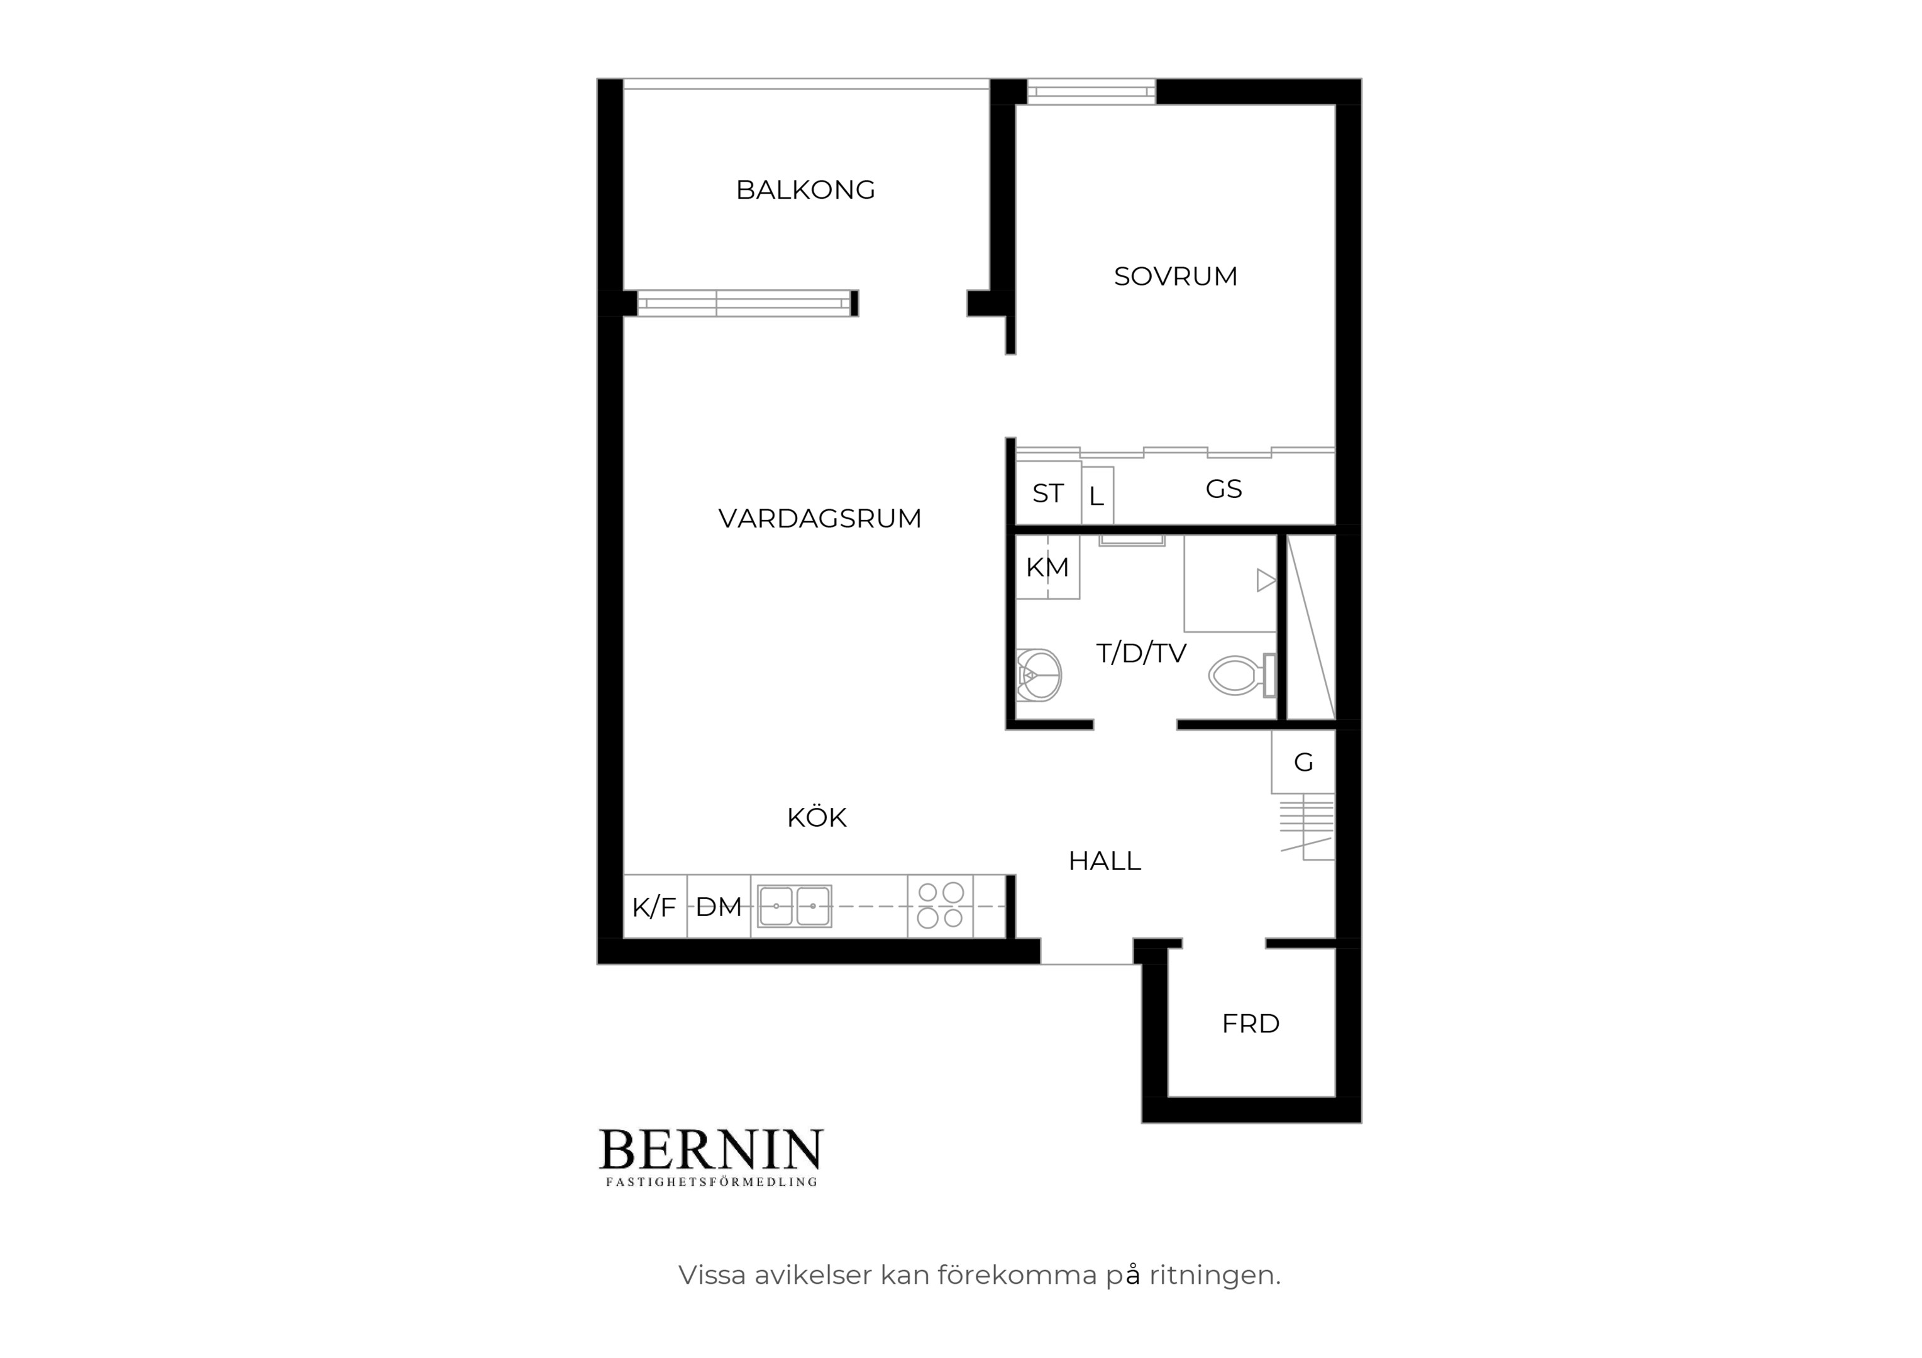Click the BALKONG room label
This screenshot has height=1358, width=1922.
pyautogui.click(x=805, y=190)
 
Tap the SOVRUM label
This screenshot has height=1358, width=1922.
pyautogui.click(x=1175, y=276)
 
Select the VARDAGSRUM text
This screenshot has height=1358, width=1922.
pyautogui.click(x=819, y=518)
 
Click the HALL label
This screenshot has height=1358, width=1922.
pyautogui.click(x=1104, y=861)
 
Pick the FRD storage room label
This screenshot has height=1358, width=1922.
pyautogui.click(x=1251, y=1023)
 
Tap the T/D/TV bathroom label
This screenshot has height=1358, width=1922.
pyautogui.click(x=1141, y=653)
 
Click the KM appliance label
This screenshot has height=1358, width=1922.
pyautogui.click(x=1047, y=567)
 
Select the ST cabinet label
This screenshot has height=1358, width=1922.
pyautogui.click(x=1048, y=494)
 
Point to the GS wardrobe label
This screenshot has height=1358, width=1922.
pyautogui.click(x=1223, y=489)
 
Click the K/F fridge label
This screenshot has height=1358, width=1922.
pyautogui.click(x=654, y=907)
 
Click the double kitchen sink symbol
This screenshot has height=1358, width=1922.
pyautogui.click(x=795, y=906)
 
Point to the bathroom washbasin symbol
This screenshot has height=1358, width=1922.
pyautogui.click(x=1039, y=675)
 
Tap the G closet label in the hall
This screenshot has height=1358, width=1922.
pyautogui.click(x=1303, y=762)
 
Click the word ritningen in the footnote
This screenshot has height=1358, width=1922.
pyautogui.click(x=1215, y=1275)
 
